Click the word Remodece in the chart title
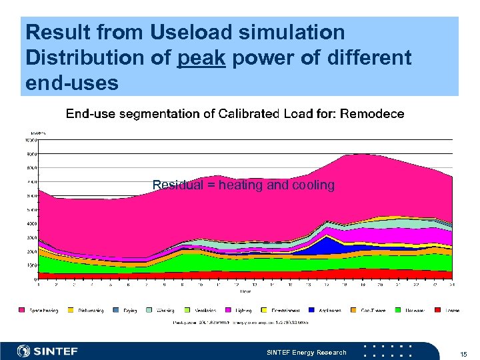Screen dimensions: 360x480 [372, 114]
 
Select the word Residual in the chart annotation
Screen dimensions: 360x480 [173, 185]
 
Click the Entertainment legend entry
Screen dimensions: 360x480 [283, 310]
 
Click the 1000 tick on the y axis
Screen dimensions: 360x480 [31, 265]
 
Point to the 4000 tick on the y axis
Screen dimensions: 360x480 [31, 223]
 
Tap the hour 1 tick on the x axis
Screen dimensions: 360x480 [39, 285]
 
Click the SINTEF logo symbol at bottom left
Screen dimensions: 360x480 [24, 351]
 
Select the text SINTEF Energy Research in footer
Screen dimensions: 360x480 [307, 352]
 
